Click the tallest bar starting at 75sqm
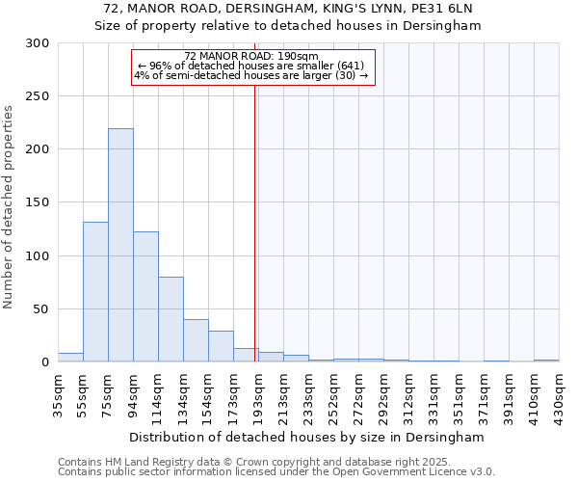pyautogui.click(x=120, y=246)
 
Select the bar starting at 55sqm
pyautogui.click(x=95, y=292)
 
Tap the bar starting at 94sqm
pyautogui.click(x=145, y=297)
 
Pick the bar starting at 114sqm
pyautogui.click(x=171, y=319)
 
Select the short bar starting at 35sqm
pyautogui.click(x=70, y=358)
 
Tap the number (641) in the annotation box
pyautogui.click(x=347, y=66)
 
